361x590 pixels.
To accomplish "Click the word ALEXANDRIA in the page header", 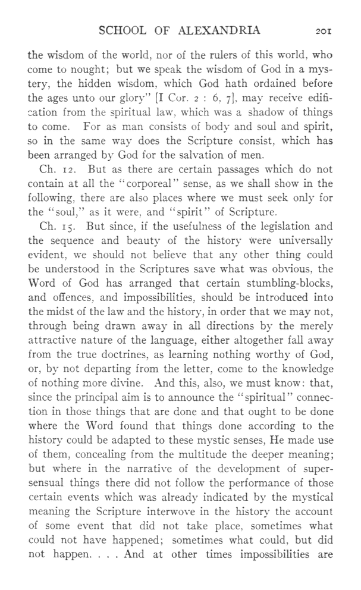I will coord(221,31).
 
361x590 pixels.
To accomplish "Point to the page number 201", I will coord(327,32).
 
